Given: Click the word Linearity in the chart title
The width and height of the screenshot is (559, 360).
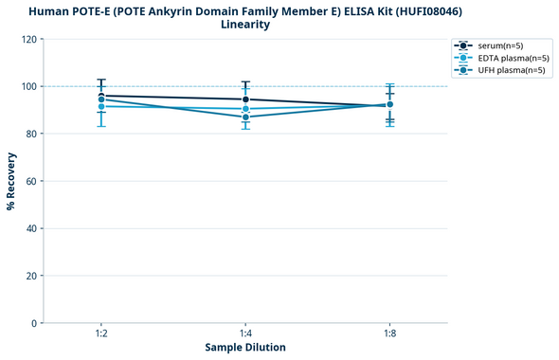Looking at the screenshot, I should tap(245, 25).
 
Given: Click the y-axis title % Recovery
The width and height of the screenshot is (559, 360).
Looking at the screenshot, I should tap(11, 181).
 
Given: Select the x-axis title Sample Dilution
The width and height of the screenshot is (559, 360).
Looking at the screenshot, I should tap(245, 348).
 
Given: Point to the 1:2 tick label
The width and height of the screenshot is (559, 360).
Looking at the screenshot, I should tap(100, 333).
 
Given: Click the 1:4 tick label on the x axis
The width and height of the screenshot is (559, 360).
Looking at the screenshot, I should tap(245, 333).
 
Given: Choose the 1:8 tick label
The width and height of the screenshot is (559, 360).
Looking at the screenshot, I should tap(389, 333).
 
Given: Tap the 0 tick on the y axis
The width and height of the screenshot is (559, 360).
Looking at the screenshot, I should tap(34, 323).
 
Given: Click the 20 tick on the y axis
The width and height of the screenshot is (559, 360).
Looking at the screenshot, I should tap(31, 276).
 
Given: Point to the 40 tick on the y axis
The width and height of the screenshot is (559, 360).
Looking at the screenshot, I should tap(31, 228).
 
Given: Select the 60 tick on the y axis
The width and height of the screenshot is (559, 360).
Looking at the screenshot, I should tap(31, 181).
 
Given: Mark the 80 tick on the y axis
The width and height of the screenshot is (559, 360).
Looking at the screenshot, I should tap(31, 134).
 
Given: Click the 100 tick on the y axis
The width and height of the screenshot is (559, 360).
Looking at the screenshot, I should tap(28, 86).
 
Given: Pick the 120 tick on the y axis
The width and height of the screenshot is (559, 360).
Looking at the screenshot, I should tap(28, 39).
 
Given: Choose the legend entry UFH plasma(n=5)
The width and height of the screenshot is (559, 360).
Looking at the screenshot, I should tap(512, 70).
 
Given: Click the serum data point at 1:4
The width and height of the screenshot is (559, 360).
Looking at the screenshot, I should tap(245, 99).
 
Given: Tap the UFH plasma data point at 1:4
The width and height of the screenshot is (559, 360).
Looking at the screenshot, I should tap(245, 117).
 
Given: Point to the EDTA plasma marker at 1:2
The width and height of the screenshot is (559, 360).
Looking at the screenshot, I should tap(101, 106).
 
